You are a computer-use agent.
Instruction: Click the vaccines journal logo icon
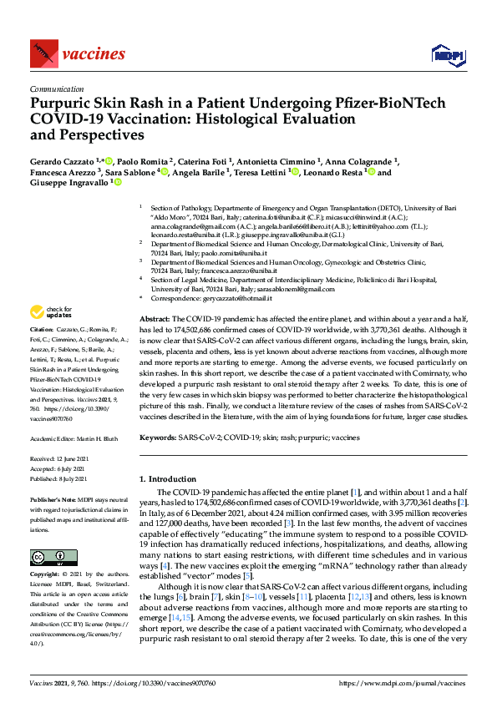pyautogui.click(x=43, y=54)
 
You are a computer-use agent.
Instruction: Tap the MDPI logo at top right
pyautogui.click(x=447, y=55)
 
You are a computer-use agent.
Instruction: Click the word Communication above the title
pyautogui.click(x=55, y=88)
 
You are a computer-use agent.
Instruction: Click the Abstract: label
pyautogui.click(x=154, y=320)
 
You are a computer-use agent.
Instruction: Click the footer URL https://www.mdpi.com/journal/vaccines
pyautogui.click(x=400, y=683)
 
